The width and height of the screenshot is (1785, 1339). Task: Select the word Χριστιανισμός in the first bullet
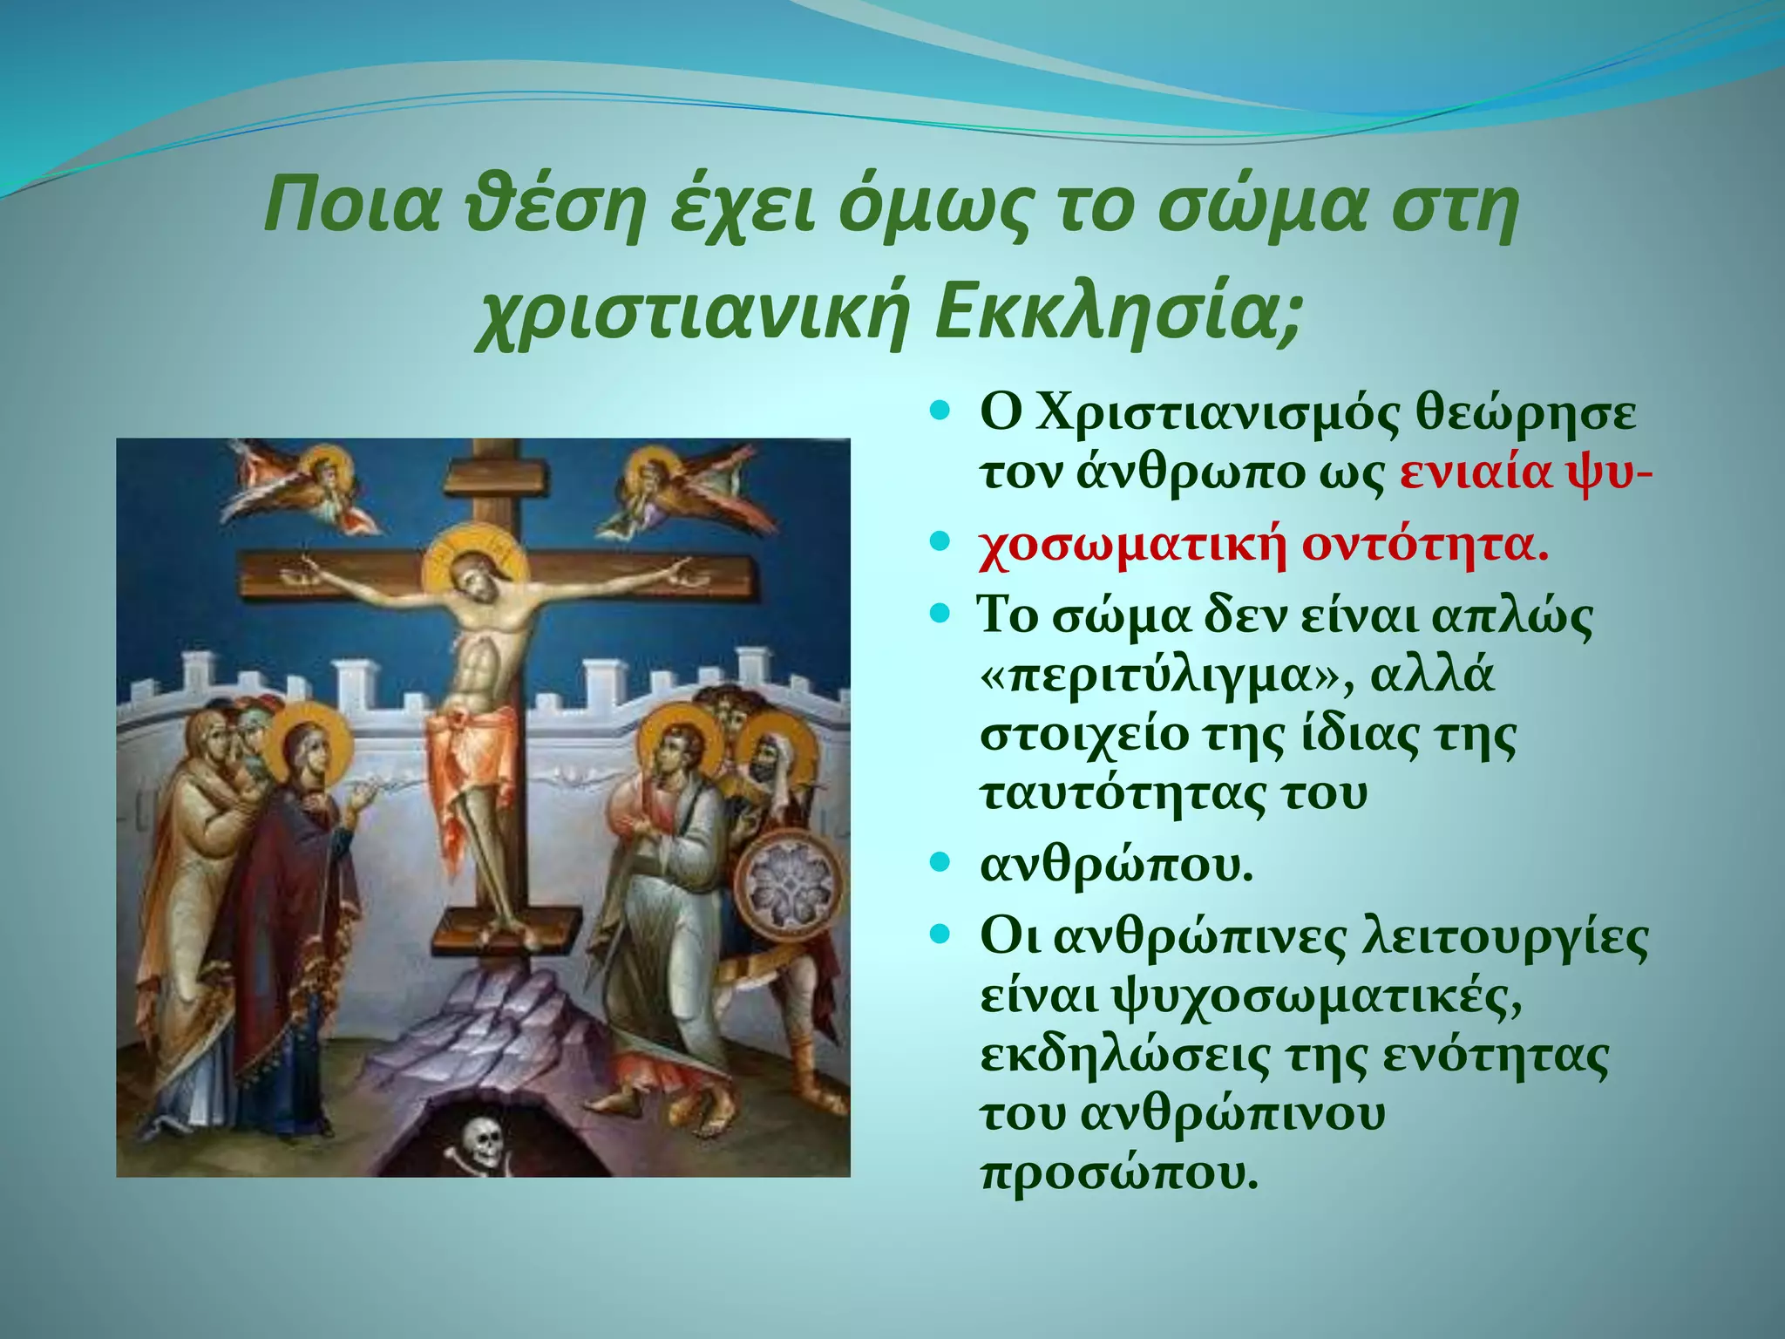(1208, 413)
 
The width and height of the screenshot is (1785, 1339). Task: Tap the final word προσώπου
(1120, 1172)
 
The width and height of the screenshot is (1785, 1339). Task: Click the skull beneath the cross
(482, 1141)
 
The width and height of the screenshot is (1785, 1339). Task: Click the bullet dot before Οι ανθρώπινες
(939, 937)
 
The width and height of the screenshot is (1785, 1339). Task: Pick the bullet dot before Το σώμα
(939, 615)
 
